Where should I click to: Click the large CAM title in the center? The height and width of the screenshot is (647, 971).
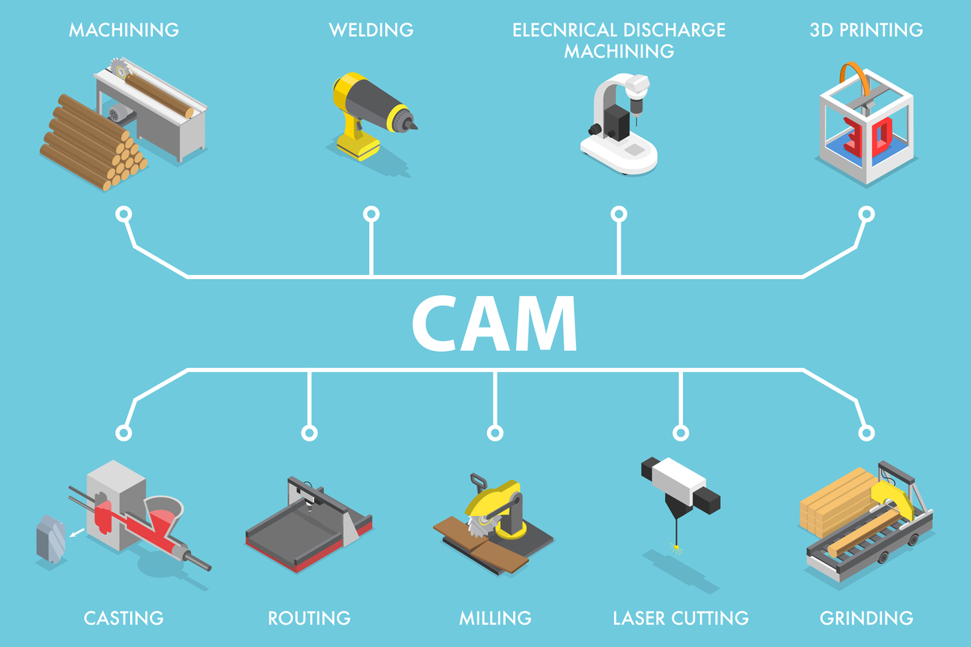coord(494,323)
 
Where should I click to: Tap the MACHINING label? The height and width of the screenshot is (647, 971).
coord(124,31)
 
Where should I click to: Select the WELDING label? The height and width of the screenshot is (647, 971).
coord(371,31)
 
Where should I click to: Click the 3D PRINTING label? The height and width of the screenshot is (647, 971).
coord(866,31)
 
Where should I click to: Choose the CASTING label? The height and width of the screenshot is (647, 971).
coord(124,619)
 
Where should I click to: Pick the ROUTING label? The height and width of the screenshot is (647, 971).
coord(309,619)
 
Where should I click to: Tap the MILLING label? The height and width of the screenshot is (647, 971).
coord(495,619)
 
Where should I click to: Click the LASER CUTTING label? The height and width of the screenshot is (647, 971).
coord(681,619)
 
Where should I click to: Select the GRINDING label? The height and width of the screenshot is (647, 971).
coord(867,619)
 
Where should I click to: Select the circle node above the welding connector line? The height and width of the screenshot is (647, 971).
coord(371,214)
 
